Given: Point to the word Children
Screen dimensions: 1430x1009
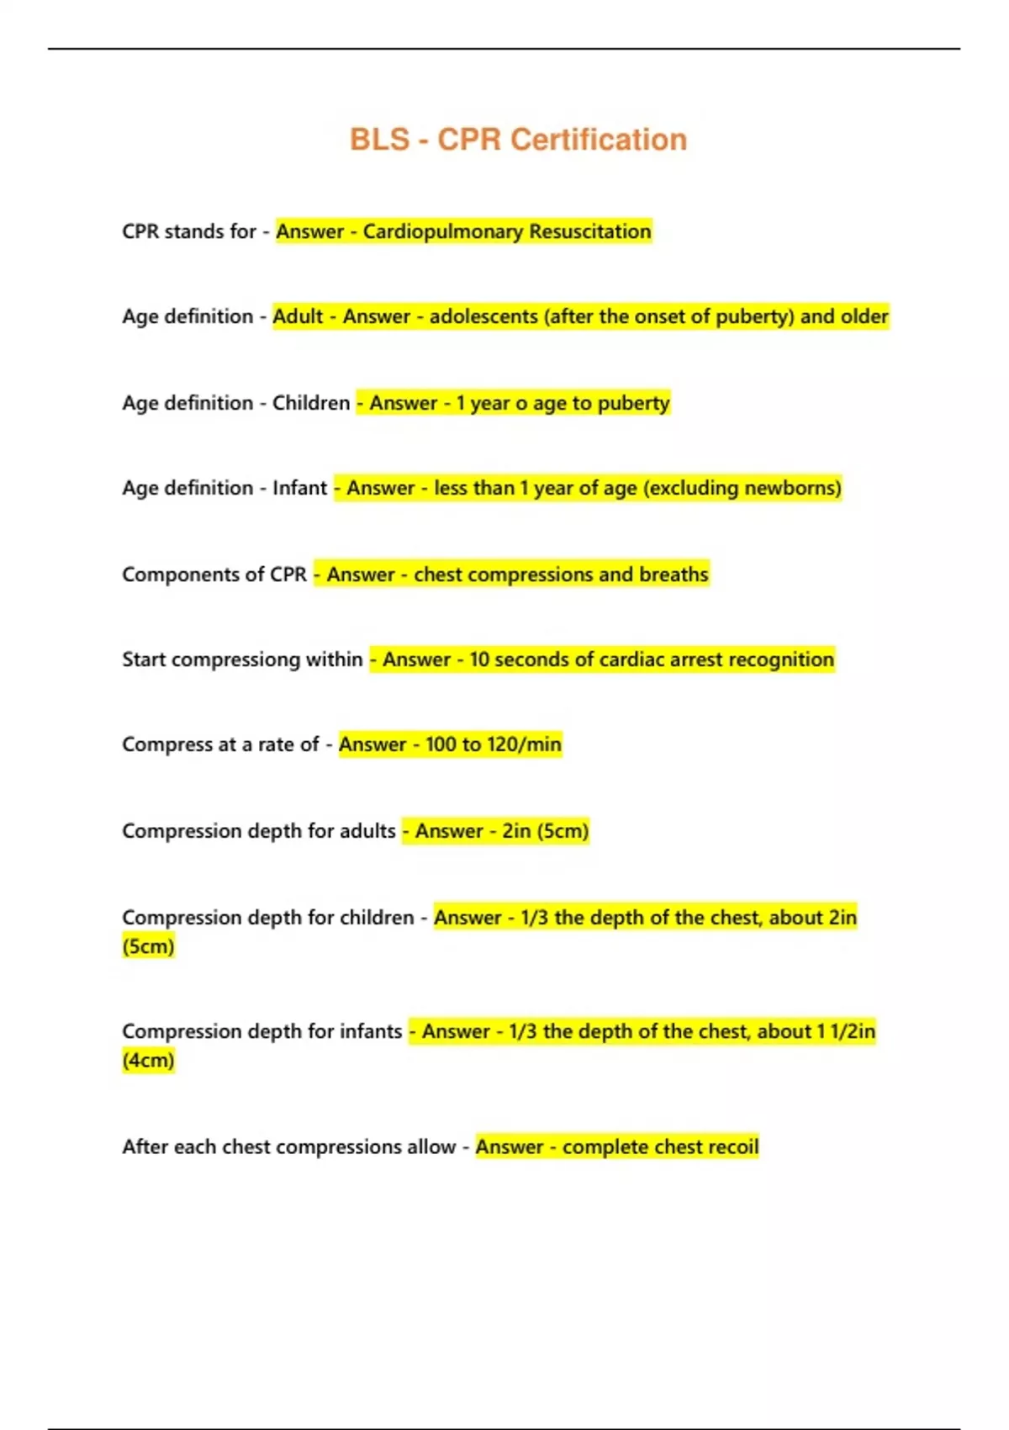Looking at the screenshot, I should tap(310, 403).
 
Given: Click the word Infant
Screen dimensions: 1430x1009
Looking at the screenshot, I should tap(299, 488).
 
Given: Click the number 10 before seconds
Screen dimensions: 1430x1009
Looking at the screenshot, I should tap(479, 659).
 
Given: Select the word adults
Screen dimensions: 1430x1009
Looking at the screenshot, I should tap(367, 831).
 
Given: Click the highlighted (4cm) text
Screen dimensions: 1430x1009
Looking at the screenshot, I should tap(148, 1060).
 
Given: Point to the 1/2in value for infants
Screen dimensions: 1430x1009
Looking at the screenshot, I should tap(853, 1031).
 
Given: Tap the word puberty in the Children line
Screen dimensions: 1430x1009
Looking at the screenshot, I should tap(634, 403).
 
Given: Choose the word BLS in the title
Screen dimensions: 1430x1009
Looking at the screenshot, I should tap(379, 140).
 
